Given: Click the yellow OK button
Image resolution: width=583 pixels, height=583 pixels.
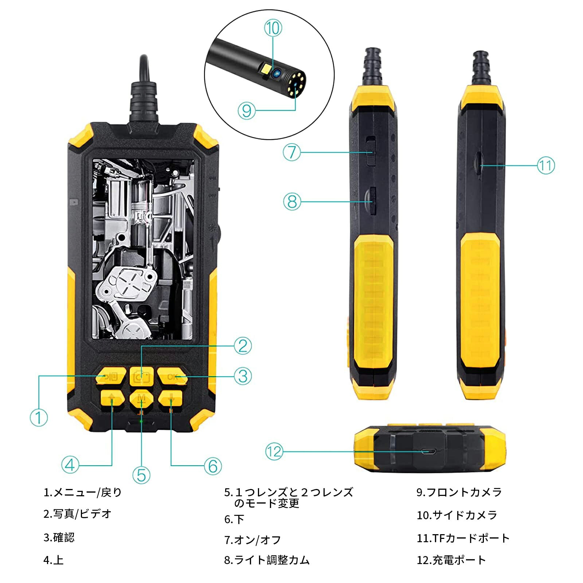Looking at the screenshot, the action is click(x=173, y=376).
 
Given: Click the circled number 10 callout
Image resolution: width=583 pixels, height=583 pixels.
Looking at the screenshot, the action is click(x=273, y=28).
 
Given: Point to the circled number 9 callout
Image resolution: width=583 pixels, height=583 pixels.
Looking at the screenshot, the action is click(x=246, y=110).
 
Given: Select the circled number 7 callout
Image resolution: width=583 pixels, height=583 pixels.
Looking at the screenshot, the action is click(x=292, y=152).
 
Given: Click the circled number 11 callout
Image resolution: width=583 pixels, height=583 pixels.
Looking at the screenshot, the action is click(x=546, y=165).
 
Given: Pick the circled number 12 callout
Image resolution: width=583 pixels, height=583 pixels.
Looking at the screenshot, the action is click(x=274, y=452).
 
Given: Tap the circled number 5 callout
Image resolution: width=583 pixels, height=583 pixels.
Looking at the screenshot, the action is click(x=141, y=475).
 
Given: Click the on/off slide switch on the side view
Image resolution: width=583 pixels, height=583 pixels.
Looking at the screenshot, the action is click(x=371, y=151).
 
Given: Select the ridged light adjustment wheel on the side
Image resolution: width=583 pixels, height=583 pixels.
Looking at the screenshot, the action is click(x=372, y=201).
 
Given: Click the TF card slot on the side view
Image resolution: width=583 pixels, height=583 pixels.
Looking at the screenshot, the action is click(x=478, y=163).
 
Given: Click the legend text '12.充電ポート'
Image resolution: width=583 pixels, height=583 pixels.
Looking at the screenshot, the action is click(x=451, y=560).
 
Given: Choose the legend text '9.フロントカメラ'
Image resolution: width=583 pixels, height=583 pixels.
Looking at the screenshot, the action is click(x=459, y=492).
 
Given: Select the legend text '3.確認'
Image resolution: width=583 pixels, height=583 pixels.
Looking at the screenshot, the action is click(x=59, y=537).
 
